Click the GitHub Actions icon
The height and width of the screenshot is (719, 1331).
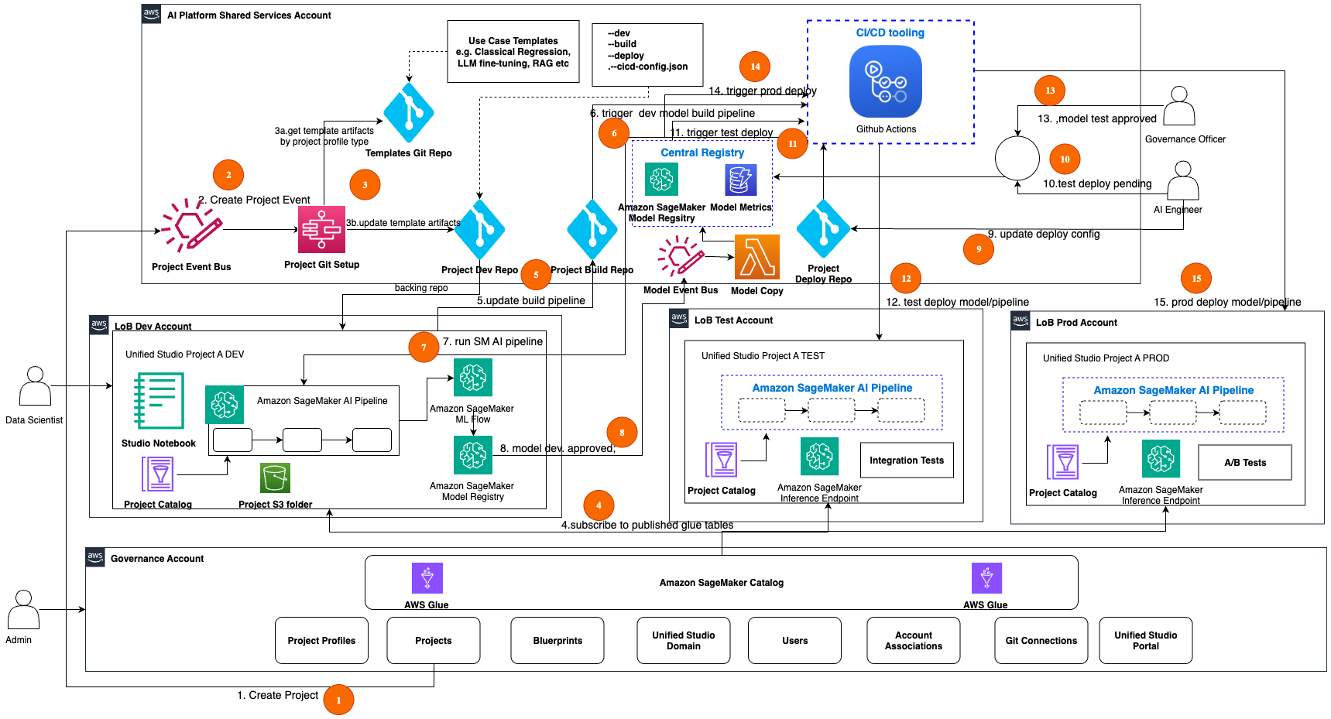[x=885, y=81]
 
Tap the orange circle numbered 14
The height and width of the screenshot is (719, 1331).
[x=755, y=67]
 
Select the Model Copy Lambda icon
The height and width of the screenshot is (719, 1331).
[x=756, y=257]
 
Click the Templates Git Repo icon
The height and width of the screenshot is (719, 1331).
[x=408, y=113]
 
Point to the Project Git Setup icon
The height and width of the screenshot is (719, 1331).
[x=321, y=229]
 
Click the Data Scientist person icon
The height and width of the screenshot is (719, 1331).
[x=35, y=386]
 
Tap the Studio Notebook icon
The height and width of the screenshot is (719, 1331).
[x=159, y=401]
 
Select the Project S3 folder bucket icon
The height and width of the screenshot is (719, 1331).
[x=275, y=478]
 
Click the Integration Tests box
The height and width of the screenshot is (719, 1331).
[x=907, y=461]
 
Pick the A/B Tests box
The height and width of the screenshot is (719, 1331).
[x=1244, y=463]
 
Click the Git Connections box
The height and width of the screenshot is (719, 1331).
[x=1041, y=641]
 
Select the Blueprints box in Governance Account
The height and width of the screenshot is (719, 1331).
[x=557, y=641]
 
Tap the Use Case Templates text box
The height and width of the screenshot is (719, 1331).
[x=513, y=52]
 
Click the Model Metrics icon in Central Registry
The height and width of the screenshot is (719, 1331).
[x=740, y=180]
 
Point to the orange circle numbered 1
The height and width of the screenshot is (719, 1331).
[x=338, y=700]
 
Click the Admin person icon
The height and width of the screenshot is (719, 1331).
[x=23, y=610]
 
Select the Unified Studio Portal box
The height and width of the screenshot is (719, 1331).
[x=1145, y=641]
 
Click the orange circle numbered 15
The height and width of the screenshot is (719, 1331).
[x=1196, y=279]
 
